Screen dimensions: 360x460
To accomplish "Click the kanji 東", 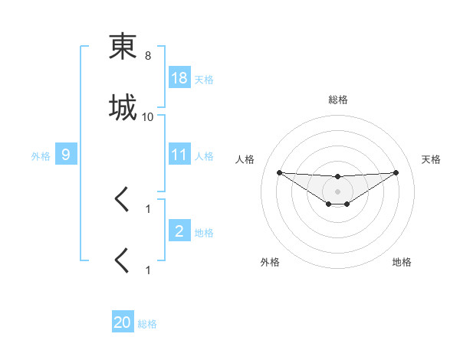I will (x=123, y=47).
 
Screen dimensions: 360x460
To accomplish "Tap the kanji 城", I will (x=123, y=107).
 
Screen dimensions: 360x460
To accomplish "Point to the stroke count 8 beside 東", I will (x=148, y=56).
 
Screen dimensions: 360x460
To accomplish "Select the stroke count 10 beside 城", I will (x=148, y=117).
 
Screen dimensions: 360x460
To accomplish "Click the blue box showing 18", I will (x=179, y=78).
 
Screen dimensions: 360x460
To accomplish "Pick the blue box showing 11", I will (x=179, y=155).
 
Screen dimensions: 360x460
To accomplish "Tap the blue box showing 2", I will (x=179, y=231).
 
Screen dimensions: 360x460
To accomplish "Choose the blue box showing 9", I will (x=66, y=155).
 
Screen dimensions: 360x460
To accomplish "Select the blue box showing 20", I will (x=123, y=322).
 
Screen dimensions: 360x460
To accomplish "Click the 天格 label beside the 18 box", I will (x=204, y=79).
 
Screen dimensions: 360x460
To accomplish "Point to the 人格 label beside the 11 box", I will (x=204, y=155).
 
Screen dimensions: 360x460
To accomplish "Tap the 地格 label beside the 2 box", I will (x=204, y=232).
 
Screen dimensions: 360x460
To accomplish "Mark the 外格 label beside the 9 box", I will (x=41, y=155).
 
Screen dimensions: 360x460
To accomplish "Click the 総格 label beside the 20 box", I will (x=147, y=324).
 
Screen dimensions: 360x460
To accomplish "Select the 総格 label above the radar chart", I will (x=338, y=100).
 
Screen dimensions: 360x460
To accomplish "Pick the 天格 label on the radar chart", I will (x=432, y=159).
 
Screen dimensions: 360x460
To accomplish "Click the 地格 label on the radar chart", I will (x=402, y=262).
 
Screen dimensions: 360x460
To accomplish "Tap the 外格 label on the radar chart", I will (x=270, y=262).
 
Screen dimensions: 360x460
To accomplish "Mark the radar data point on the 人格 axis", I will (x=279, y=172).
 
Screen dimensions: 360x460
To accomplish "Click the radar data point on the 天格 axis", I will (x=396, y=172).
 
